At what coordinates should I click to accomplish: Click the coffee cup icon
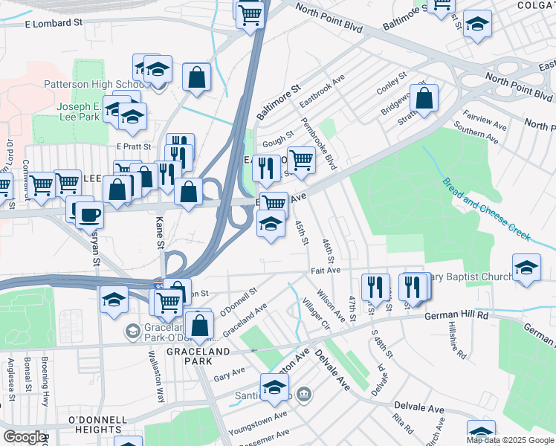click(89, 215)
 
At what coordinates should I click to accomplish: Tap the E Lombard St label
click(54, 24)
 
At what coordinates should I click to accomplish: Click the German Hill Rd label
click(456, 315)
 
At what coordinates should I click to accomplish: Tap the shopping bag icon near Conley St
click(424, 98)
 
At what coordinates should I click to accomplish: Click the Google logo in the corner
click(24, 437)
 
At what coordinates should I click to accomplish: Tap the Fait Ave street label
click(325, 271)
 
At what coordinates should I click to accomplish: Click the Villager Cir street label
click(316, 314)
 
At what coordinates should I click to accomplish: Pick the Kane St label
click(158, 228)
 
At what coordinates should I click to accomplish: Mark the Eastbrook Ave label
click(323, 90)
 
